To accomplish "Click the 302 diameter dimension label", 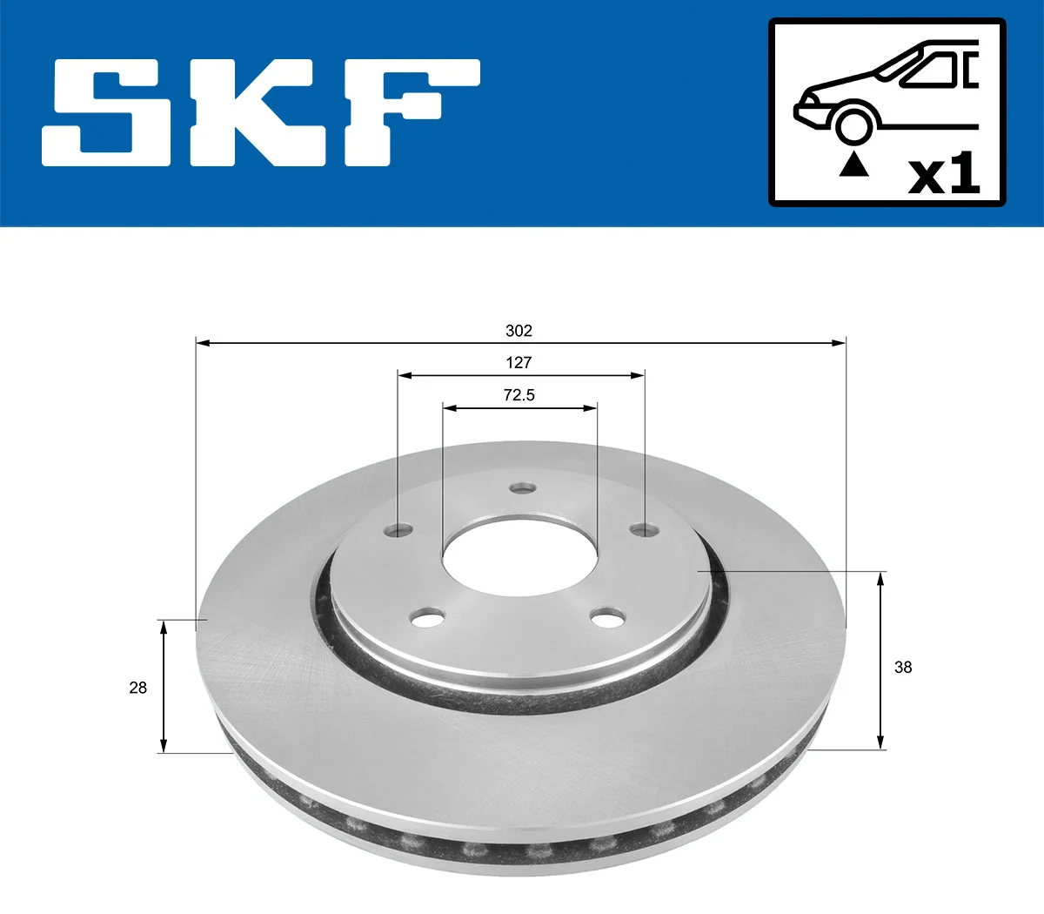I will tap(519, 331).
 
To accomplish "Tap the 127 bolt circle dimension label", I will tap(519, 362).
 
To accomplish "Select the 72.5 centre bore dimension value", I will tap(519, 395).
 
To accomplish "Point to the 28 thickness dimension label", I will tap(137, 688).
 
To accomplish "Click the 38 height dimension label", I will tap(903, 667).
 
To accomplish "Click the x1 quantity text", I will tap(944, 175).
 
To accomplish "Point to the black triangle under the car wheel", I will tap(853, 164).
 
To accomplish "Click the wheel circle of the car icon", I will tap(853, 124).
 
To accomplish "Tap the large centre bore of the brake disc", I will tap(519, 557).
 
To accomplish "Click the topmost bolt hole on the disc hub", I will tap(522, 488).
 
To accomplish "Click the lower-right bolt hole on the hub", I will tap(606, 618).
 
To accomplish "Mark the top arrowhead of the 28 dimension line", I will tap(163, 626).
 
